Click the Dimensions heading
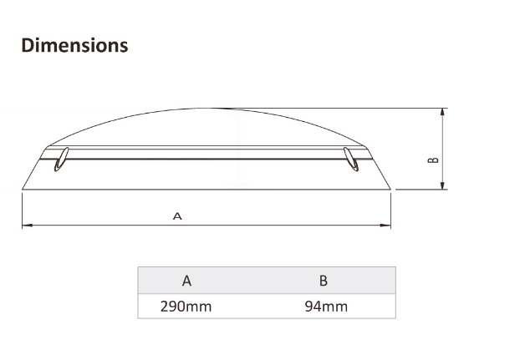[74, 45]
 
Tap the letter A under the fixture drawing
[177, 215]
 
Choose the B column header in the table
[324, 281]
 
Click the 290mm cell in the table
[186, 307]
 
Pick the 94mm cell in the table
[326, 307]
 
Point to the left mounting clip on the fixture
[60, 160]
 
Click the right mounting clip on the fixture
[352, 160]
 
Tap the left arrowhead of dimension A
[25, 225]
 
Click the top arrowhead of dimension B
[443, 112]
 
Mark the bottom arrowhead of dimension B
[443, 185]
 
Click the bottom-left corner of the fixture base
[22, 190]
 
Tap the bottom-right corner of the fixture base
[391, 190]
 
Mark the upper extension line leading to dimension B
[334, 108]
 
